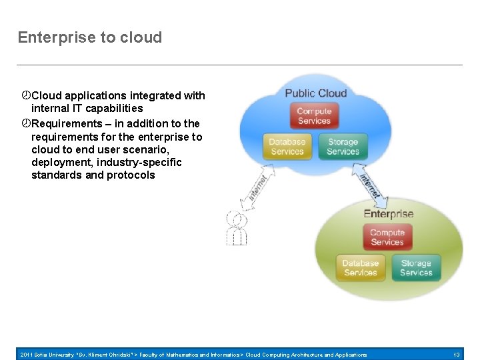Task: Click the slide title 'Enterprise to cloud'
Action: coord(90,37)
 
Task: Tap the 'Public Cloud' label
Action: coord(315,93)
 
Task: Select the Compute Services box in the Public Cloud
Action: coord(314,116)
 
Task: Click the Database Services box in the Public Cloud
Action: coord(287,147)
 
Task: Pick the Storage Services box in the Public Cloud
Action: coord(343,147)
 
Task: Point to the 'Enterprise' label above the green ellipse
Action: coord(388,214)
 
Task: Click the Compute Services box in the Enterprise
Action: coord(387,237)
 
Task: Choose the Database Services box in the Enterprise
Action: coord(360,267)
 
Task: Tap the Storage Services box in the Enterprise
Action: coord(416,267)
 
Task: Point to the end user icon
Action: coord(237,228)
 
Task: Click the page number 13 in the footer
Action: coord(457,355)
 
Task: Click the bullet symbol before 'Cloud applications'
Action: coord(25,95)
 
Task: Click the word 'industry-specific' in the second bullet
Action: coord(141,162)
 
